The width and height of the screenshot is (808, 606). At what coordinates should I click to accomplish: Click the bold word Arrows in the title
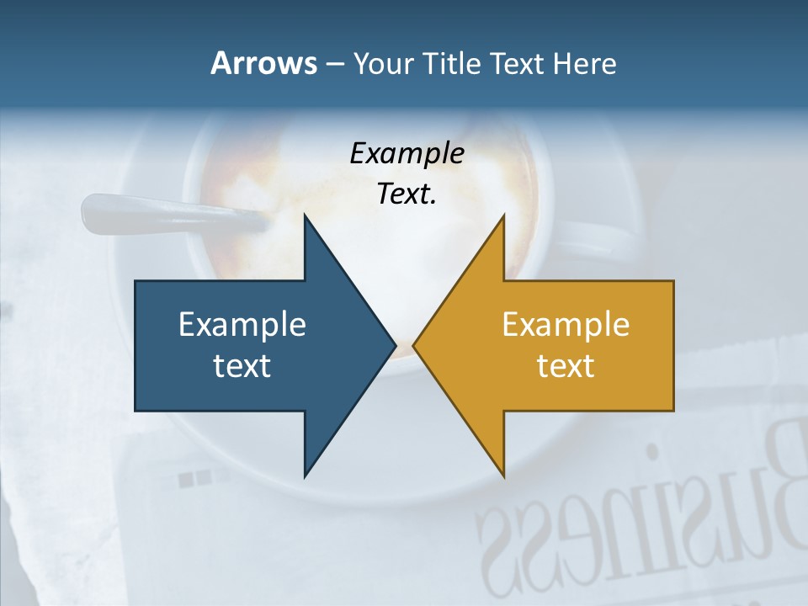[263, 63]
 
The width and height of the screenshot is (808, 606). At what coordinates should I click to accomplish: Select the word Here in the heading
[584, 63]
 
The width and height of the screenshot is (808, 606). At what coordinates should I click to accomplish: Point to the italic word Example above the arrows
[407, 153]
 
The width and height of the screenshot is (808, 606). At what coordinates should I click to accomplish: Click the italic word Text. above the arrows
[407, 194]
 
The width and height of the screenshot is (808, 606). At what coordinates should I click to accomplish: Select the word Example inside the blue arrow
[242, 324]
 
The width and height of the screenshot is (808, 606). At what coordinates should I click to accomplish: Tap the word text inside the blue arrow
[242, 365]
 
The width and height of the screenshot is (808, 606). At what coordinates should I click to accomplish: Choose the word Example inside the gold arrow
[566, 324]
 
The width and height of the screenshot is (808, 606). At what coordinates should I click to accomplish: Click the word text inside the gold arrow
[566, 365]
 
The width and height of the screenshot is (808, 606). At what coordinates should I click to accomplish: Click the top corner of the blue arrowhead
[305, 216]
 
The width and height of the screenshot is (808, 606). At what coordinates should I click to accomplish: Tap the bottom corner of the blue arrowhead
[305, 476]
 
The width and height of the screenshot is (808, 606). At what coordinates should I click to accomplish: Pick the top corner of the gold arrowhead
[503, 216]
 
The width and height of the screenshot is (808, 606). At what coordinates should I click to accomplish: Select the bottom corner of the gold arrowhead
[503, 476]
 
